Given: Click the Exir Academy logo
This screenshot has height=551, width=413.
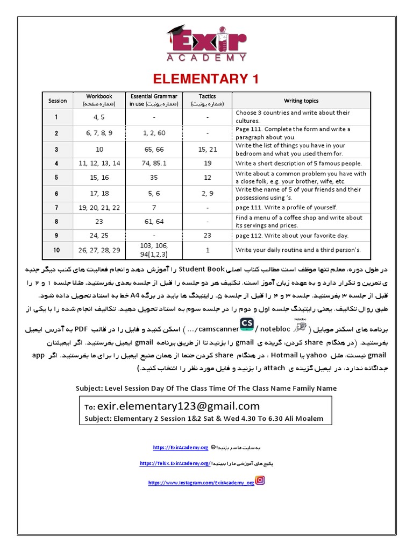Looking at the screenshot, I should pyautogui.click(x=206, y=43).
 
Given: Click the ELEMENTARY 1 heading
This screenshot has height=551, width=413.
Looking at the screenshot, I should pyautogui.click(x=206, y=79).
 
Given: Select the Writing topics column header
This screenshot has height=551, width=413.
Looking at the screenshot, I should pyautogui.click(x=301, y=101).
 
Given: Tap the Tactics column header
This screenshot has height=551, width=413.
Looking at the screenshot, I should pyautogui.click(x=207, y=100).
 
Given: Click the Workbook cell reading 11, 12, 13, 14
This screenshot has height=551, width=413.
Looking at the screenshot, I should pyautogui.click(x=99, y=163).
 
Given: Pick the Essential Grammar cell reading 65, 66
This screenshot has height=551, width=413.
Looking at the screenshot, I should pyautogui.click(x=154, y=149).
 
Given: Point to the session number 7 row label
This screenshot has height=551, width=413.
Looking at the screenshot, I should pyautogui.click(x=58, y=207).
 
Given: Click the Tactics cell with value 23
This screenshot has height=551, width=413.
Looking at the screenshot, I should pyautogui.click(x=207, y=235).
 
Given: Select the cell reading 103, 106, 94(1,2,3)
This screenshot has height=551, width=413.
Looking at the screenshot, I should pyautogui.click(x=154, y=250).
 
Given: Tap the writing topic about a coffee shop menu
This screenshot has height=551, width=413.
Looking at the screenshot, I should pyautogui.click(x=299, y=221).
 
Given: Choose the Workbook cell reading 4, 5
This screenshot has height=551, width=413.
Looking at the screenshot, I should pyautogui.click(x=99, y=117).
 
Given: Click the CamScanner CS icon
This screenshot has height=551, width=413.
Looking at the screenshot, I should pyautogui.click(x=247, y=323).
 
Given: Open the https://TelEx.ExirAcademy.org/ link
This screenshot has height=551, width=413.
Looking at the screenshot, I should pyautogui.click(x=175, y=463).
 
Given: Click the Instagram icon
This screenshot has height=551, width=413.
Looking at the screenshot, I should pyautogui.click(x=260, y=481).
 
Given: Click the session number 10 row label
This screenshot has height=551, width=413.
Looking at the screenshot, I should pyautogui.click(x=58, y=250).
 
